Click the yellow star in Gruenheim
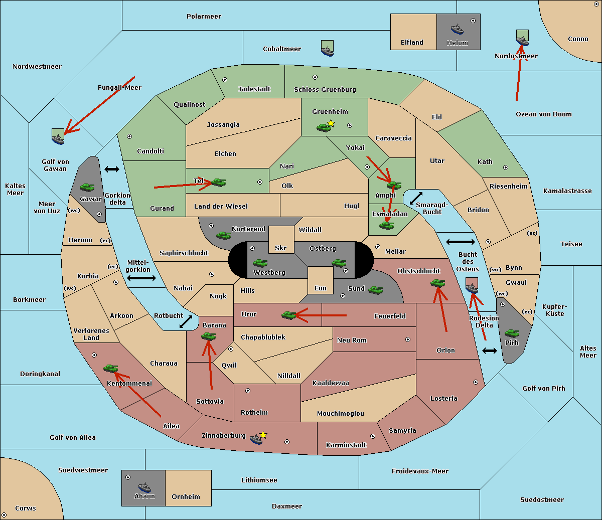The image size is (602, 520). [331, 123]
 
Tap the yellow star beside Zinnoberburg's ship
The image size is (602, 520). [263, 435]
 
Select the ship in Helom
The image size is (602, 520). [457, 29]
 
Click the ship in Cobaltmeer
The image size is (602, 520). [327, 49]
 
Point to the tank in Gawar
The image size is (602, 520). [87, 187]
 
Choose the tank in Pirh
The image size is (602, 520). [512, 333]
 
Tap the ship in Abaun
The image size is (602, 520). [144, 487]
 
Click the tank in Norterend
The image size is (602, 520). [224, 235]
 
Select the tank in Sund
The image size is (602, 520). [376, 289]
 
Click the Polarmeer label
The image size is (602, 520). [204, 17]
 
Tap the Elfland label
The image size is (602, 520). [412, 43]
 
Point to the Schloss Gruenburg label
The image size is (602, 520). [325, 90]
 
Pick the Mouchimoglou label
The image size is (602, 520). [340, 414]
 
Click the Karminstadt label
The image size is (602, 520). [346, 445]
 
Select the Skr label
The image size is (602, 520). [281, 248]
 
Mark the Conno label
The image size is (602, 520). [578, 39]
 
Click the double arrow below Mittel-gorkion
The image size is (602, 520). [141, 278]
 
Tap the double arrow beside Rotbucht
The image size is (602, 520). [186, 321]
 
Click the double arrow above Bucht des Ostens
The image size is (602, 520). [460, 242]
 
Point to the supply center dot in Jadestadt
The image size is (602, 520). [225, 79]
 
